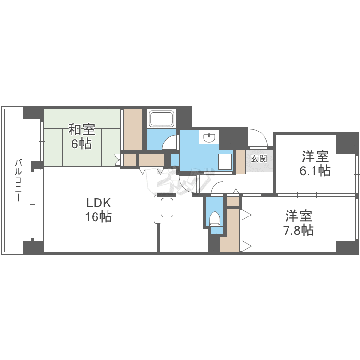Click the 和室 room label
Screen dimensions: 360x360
click(81, 130)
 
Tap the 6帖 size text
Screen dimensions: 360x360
click(81, 143)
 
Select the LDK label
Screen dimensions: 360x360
click(98, 203)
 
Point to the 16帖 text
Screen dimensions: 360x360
click(98, 217)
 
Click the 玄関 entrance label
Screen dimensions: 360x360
click(259, 158)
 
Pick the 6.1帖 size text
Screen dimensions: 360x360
click(315, 170)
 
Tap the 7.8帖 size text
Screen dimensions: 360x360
click(298, 230)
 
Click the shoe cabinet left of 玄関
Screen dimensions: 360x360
click(240, 162)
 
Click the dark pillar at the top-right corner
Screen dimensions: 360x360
click(347, 142)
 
